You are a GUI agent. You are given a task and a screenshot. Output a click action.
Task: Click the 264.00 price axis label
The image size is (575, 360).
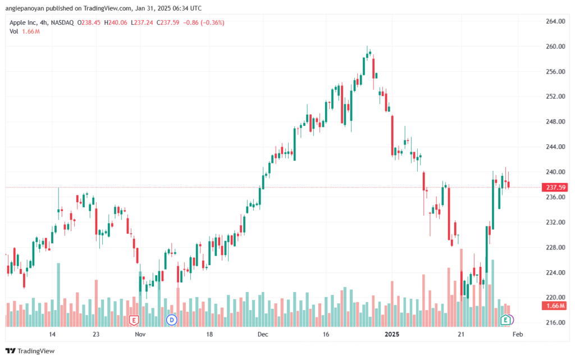click(555, 21)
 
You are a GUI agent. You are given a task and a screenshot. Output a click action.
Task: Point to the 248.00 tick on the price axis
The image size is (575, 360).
click(555, 121)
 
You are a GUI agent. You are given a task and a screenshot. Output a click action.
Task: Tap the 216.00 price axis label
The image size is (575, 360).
click(555, 322)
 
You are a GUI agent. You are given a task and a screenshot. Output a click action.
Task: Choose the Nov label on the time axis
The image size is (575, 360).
click(140, 334)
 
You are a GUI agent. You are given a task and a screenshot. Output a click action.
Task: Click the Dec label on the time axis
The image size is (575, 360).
click(263, 334)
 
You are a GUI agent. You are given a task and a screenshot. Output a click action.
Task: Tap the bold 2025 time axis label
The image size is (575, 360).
click(391, 334)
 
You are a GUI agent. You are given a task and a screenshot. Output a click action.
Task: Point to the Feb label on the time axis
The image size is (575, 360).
click(517, 334)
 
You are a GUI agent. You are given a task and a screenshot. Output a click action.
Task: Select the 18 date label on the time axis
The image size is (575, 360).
click(209, 334)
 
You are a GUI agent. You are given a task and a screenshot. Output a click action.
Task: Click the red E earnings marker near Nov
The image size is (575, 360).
click(134, 321)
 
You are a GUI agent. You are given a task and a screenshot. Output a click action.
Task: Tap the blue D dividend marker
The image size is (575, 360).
click(172, 320)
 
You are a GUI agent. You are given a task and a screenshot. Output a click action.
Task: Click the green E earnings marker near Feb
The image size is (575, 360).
click(506, 320)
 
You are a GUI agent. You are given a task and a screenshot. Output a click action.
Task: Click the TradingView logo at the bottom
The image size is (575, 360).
click(30, 351)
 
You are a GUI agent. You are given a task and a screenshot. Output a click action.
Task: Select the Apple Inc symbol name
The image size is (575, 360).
click(23, 22)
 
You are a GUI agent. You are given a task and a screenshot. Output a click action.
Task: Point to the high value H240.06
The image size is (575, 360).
click(116, 22)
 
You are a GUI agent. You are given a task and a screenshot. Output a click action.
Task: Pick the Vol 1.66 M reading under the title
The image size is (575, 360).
click(25, 31)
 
